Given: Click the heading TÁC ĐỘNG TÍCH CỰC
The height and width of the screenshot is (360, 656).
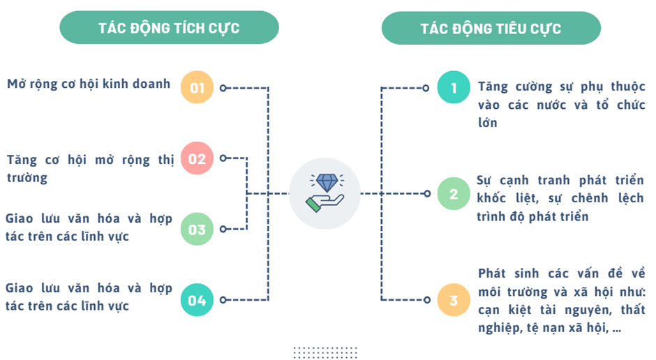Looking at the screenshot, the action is click(x=169, y=28).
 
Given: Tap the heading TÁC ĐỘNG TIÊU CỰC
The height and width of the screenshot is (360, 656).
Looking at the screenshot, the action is click(x=491, y=29).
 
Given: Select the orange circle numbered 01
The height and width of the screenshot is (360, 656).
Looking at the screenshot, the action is click(x=197, y=87).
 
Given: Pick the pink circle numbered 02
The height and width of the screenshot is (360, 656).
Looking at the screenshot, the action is click(x=197, y=158).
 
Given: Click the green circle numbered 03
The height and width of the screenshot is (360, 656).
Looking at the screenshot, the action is click(x=197, y=229).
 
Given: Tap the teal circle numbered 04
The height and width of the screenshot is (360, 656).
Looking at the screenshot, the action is click(x=197, y=300).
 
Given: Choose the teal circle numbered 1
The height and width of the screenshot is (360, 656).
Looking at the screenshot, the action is click(x=454, y=87).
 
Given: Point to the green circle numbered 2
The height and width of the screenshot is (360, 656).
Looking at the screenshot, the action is click(x=454, y=193).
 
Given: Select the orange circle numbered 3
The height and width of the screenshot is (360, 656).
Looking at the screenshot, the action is click(x=454, y=300).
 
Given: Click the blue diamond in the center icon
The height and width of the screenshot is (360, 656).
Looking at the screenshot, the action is click(x=327, y=182).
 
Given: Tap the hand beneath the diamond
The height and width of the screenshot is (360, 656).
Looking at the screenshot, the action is click(x=325, y=203).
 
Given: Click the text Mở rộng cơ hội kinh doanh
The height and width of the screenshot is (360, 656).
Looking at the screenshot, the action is click(x=89, y=84).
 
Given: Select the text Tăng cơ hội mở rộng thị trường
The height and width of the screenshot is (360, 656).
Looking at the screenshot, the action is click(x=90, y=169).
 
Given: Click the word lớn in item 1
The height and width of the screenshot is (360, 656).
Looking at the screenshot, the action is click(x=487, y=123).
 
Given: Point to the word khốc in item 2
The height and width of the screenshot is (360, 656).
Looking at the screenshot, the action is click(x=491, y=197).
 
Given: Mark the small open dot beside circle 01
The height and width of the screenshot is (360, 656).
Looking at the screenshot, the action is click(x=223, y=88).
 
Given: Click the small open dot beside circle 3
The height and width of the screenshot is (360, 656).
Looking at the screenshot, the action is click(x=426, y=300).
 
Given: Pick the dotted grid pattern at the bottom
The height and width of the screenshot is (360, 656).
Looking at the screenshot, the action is click(x=325, y=352).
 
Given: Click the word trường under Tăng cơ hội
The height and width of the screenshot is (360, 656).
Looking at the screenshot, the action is click(x=27, y=178).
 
